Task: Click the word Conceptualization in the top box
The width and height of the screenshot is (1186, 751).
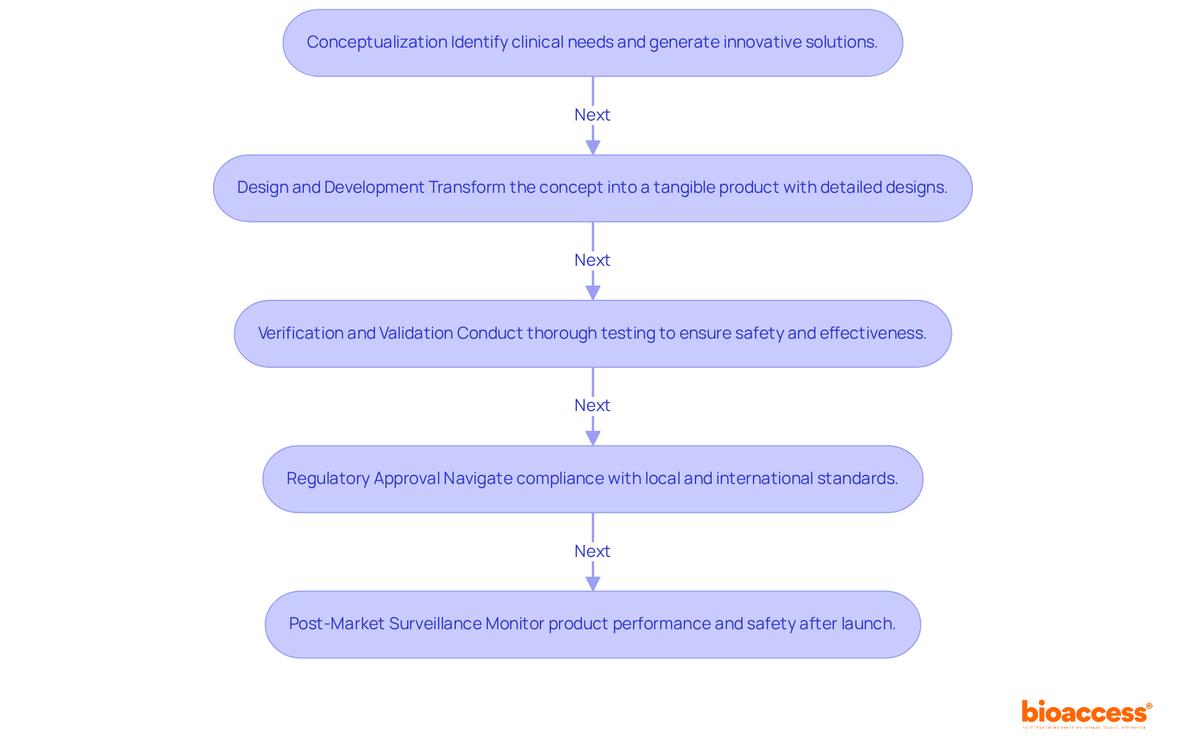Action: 377,42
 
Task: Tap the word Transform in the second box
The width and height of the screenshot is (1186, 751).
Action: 466,187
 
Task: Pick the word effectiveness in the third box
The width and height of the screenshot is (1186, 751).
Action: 872,333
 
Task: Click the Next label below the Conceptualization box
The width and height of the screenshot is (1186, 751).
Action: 592,115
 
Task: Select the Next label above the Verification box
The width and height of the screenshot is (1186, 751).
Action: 592,260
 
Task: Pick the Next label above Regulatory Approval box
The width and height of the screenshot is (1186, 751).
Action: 592,405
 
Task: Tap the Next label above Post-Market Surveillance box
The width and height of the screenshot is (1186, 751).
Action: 592,551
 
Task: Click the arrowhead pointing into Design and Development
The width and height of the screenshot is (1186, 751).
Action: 593,148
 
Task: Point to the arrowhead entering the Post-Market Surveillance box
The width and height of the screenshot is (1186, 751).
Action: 593,583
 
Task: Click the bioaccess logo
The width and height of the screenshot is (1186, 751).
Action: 1085,713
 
